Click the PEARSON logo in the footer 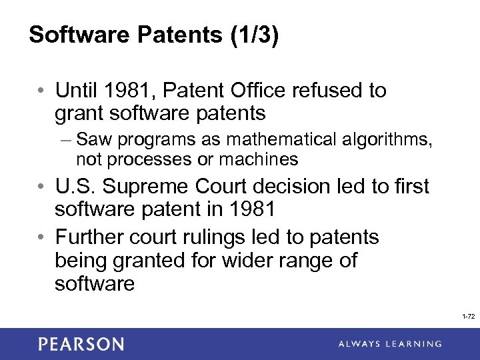point(81,344)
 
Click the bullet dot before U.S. point(41,187)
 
